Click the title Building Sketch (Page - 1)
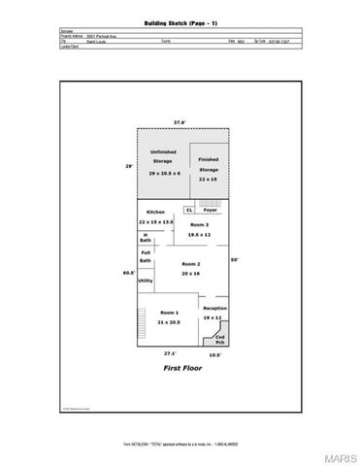tap(180, 20)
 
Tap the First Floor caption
tap(180, 370)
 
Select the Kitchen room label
tap(155, 212)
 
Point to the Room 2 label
tap(190, 264)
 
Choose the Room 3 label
tap(199, 224)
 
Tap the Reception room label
tap(214, 308)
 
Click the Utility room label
tap(145, 281)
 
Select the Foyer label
tap(210, 209)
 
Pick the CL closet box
tap(189, 209)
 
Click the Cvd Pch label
tap(219, 340)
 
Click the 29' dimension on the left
tap(129, 166)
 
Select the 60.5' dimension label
tap(128, 273)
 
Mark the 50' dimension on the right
tap(234, 259)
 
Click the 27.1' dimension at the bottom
tap(170, 353)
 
